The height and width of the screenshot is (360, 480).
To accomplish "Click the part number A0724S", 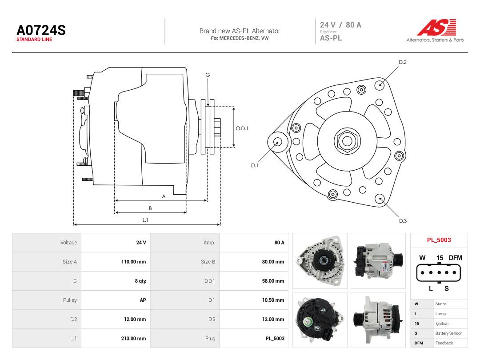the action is coord(41,30).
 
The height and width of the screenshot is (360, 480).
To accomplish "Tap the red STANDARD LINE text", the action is coord(34,40).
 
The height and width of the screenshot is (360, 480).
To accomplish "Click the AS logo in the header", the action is coord(436,28).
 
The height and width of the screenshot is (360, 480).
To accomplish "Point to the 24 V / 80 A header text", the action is coord(340,25).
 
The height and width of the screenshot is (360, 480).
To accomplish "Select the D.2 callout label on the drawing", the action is coord(403,62).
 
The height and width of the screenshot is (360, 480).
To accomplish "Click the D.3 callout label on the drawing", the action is coord(403,221).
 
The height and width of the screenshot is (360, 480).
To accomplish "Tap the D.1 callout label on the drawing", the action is coord(255,165).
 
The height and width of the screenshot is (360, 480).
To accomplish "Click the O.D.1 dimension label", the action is coord(242,128).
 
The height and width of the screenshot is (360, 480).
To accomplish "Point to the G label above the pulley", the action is coord(208,75).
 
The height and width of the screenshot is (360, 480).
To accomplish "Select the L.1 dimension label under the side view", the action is coord(145,220).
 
